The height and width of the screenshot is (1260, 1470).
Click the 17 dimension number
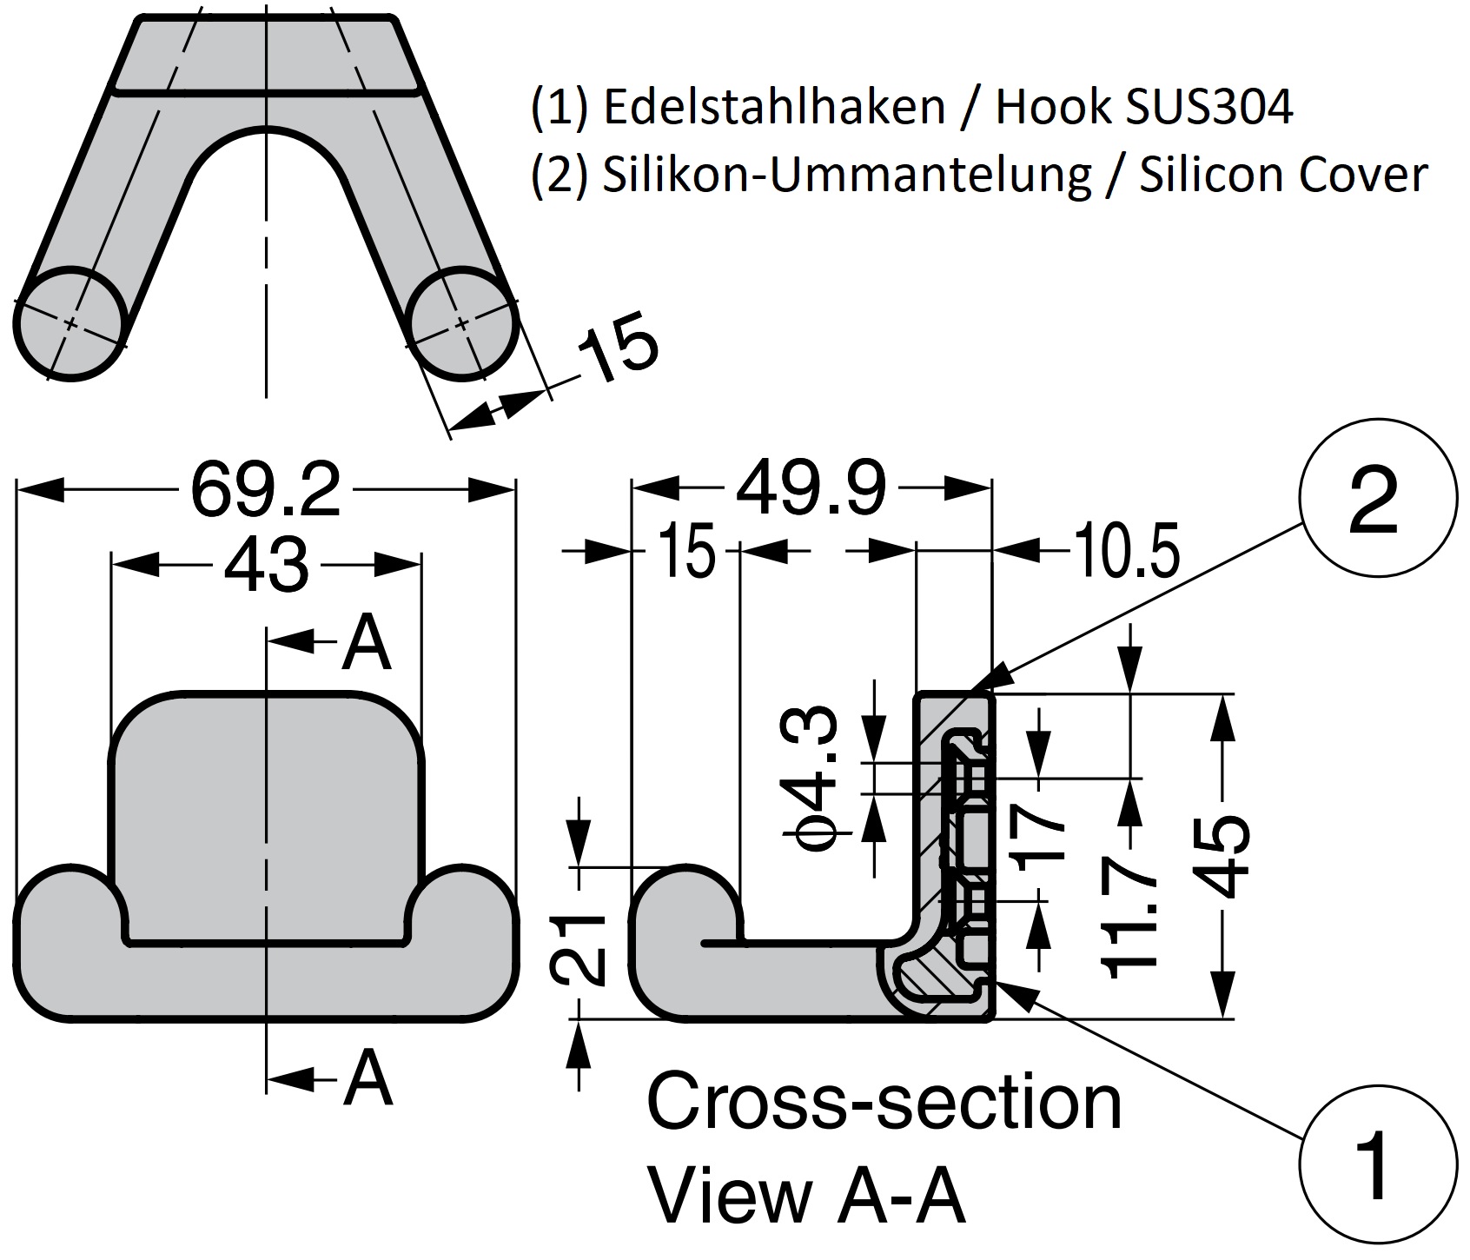point(1039,832)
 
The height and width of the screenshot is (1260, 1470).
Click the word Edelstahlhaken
point(772,108)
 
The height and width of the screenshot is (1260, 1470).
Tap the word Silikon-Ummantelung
point(846,174)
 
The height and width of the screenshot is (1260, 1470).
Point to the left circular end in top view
point(70,324)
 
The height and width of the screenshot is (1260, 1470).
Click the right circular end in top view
point(462,323)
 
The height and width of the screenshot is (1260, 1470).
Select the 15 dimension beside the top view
point(618,345)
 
